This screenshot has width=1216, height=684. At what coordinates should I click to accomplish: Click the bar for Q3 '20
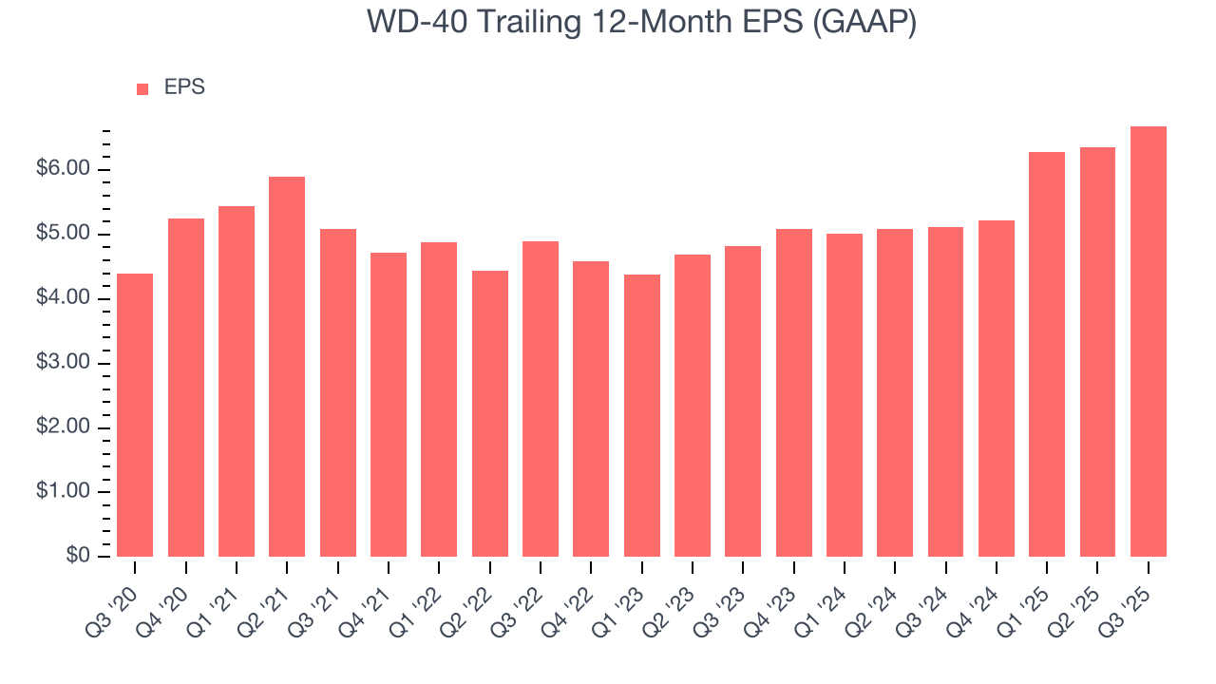pyautogui.click(x=135, y=415)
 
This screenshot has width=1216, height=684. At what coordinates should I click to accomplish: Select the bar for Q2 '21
pyautogui.click(x=287, y=367)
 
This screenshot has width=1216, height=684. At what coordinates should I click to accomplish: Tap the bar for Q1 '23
pyautogui.click(x=641, y=415)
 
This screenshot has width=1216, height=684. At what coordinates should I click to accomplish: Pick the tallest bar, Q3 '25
pyautogui.click(x=1148, y=342)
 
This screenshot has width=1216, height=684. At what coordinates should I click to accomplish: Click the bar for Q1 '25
pyautogui.click(x=1047, y=354)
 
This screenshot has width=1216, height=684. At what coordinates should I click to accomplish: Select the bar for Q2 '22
pyautogui.click(x=489, y=413)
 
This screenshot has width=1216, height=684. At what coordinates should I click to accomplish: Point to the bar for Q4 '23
pyautogui.click(x=793, y=392)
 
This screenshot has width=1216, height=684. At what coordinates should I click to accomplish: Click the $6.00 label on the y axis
pyautogui.click(x=64, y=169)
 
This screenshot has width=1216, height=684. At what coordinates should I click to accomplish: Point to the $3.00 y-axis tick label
pyautogui.click(x=64, y=363)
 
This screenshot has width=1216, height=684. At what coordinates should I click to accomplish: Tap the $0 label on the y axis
pyautogui.click(x=77, y=557)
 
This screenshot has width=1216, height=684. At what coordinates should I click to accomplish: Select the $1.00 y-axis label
pyautogui.click(x=64, y=492)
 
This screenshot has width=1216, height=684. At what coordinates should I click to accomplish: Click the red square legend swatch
pyautogui.click(x=142, y=88)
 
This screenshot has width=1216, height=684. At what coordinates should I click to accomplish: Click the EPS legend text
pyautogui.click(x=184, y=87)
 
